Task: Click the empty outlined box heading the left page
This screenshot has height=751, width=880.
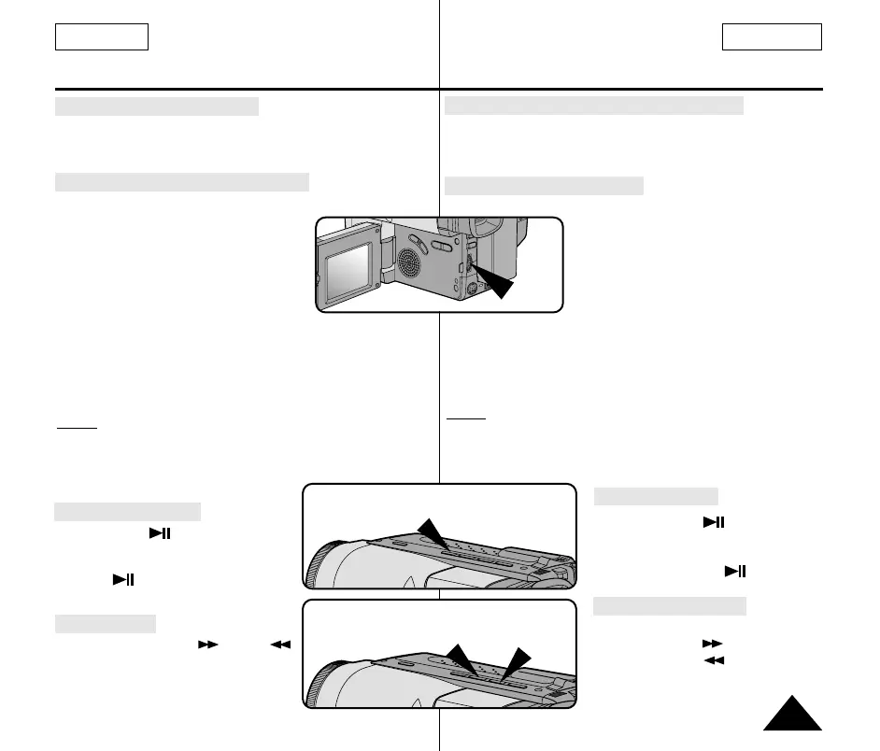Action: pos(102,37)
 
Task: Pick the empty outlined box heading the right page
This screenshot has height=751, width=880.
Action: pos(772,37)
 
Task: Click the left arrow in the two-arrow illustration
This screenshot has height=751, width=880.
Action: pos(458,658)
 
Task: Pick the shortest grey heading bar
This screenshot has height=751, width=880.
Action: pos(105,624)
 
